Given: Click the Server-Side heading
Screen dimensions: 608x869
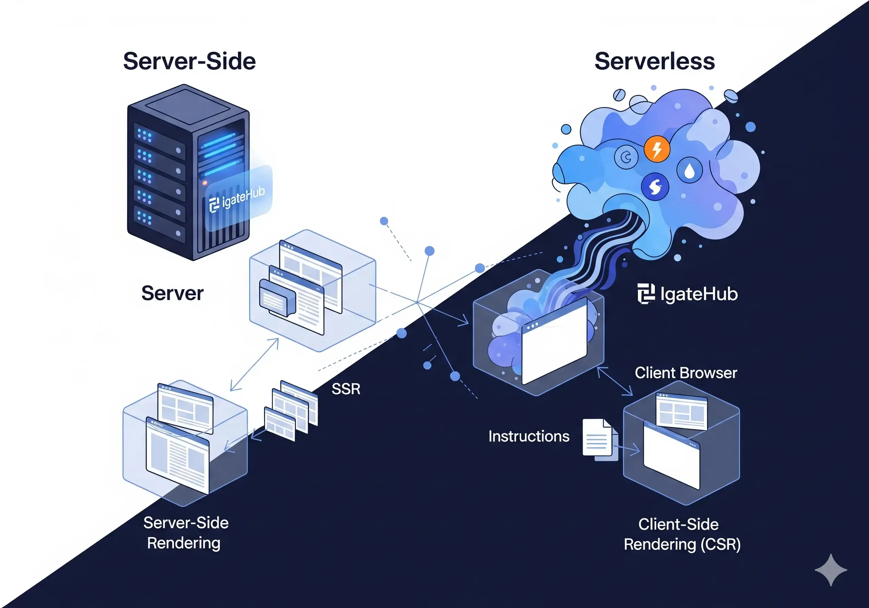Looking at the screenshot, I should point(189,61).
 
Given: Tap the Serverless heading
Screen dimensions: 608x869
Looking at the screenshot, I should point(654,61).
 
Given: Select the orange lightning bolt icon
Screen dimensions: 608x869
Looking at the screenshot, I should point(657,149).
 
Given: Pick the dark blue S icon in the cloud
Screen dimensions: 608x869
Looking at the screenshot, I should point(655,187).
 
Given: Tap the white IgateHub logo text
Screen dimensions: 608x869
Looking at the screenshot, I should point(688,294).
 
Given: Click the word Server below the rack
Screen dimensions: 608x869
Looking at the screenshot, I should point(172,293).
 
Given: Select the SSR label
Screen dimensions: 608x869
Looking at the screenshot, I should point(346,389).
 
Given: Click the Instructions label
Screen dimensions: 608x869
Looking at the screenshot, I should point(529,436).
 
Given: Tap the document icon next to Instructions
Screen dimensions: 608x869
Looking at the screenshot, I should point(598,439).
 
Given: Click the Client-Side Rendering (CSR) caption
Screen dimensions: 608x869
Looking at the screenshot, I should point(682,534).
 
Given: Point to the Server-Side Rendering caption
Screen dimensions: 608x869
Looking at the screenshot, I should point(185,533).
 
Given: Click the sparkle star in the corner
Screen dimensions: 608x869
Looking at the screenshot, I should point(830,570).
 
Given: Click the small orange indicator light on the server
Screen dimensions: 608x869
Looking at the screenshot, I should point(205,183).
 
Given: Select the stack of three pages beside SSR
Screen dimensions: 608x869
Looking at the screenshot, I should point(291,411).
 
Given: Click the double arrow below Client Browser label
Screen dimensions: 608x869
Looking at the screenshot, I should point(615,381).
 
